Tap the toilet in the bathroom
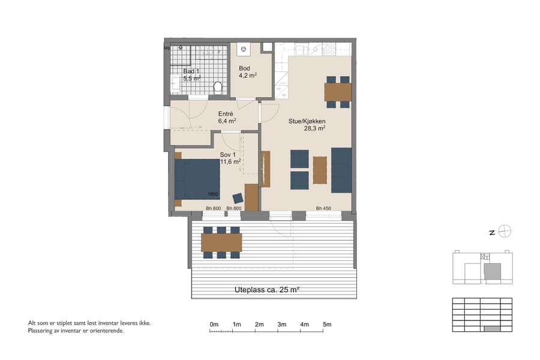[218, 88]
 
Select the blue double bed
[197, 179]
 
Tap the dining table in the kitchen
[337, 92]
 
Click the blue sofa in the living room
[341, 170]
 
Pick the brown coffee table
[320, 170]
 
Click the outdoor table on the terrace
[221, 242]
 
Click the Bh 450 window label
[323, 208]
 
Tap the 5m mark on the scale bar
[327, 325]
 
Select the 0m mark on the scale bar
[214, 325]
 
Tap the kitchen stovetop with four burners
[329, 49]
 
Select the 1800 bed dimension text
[212, 194]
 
